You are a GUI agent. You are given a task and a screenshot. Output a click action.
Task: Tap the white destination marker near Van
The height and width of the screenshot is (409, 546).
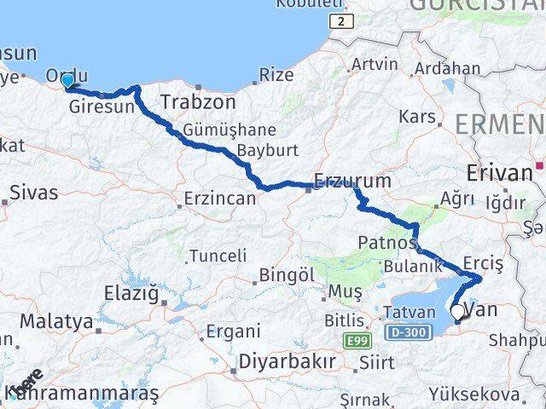457,314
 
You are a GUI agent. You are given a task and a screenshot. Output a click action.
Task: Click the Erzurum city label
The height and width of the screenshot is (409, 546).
351,181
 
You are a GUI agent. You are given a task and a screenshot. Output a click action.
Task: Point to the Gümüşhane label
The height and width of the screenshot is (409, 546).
217,130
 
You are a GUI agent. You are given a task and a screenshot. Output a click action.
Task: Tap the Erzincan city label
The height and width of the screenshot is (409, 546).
218,199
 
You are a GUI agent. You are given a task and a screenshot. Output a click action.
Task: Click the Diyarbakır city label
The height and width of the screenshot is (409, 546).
287,360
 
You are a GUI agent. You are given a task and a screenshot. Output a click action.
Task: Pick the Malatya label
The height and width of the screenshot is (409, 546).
55,322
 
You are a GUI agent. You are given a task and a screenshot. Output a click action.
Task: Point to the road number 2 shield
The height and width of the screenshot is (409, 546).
340,20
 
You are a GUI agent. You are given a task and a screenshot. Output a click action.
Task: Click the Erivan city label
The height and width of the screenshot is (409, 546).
500,173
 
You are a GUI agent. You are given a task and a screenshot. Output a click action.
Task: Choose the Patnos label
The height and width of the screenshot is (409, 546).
386,243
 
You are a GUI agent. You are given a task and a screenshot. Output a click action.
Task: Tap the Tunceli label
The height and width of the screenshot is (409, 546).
218,256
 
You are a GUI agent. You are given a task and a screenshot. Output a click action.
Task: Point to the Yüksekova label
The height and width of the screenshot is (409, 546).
474,395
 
